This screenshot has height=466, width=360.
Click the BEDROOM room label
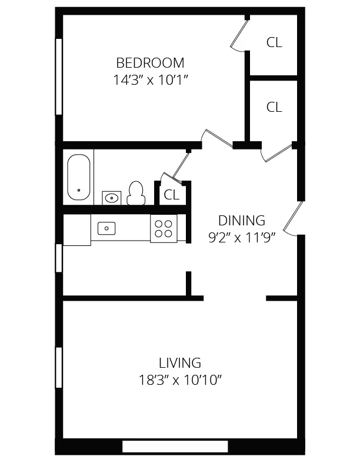click(x=150, y=62)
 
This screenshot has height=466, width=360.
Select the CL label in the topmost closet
click(x=274, y=42)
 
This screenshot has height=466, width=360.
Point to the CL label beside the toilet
click(x=172, y=195)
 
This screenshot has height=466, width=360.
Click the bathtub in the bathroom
click(x=79, y=177)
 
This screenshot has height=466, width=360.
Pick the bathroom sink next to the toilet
click(x=111, y=198)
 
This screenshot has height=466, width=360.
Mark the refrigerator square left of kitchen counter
click(x=76, y=230)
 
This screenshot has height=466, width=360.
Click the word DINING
click(x=242, y=221)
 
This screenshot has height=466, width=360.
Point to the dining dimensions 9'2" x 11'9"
click(x=242, y=238)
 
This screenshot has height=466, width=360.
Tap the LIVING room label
click(x=180, y=362)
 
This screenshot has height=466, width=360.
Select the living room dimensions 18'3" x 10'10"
click(x=180, y=380)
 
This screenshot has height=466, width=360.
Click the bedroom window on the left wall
click(x=59, y=76)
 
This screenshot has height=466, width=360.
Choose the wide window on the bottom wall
click(x=175, y=447)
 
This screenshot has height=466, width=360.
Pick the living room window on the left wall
click(x=59, y=367)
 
